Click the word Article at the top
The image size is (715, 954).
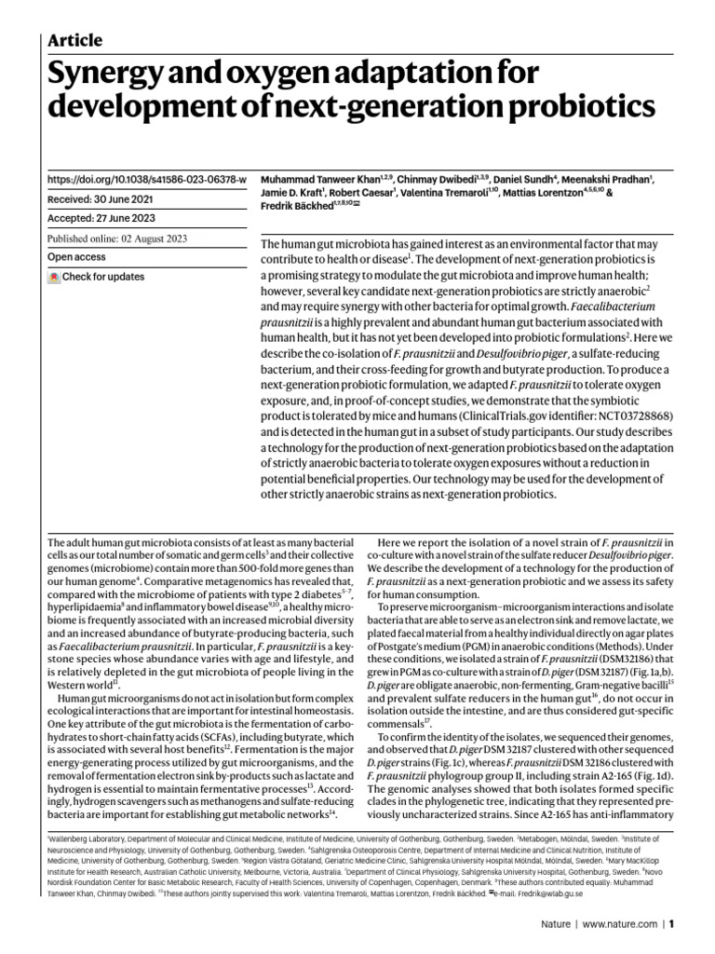[x=74, y=40]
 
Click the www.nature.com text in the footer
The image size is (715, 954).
[x=620, y=925]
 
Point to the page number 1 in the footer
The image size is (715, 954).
[x=670, y=925]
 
